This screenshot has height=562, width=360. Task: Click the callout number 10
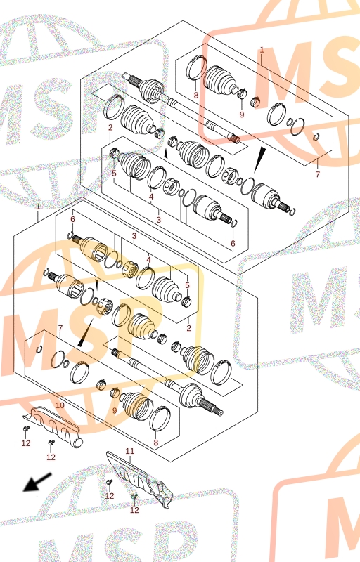60,405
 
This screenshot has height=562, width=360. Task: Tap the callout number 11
130,451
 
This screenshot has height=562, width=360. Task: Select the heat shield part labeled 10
53,426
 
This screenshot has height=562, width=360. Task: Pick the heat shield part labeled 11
140,478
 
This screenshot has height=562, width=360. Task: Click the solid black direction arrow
37,482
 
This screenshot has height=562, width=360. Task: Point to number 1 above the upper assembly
262,50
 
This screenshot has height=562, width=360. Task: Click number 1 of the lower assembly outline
38,207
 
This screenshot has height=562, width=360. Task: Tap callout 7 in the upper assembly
317,174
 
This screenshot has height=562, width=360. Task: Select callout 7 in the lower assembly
60,328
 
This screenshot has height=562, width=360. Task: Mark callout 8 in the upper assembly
195,95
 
